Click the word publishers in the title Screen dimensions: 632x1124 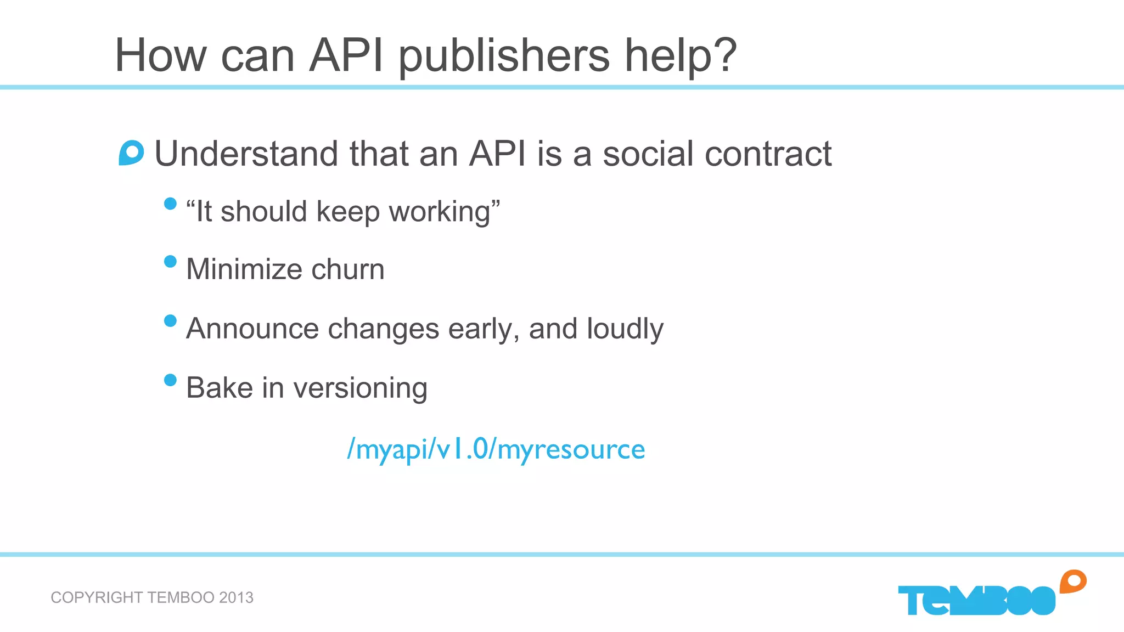click(x=504, y=56)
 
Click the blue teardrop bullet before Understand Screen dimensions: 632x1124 click(x=131, y=153)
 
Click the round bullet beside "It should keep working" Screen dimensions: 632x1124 click(x=170, y=204)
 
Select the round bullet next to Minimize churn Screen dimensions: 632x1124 click(x=170, y=261)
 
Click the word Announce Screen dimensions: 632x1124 click(x=252, y=329)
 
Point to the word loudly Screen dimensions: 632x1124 click(x=625, y=329)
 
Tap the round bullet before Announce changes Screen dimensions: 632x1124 click(x=170, y=320)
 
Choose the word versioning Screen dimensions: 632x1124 click(x=361, y=388)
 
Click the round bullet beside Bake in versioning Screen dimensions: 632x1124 click(x=170, y=380)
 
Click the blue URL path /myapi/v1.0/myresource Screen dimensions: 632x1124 click(x=496, y=449)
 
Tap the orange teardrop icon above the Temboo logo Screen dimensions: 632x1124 click(x=1073, y=582)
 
